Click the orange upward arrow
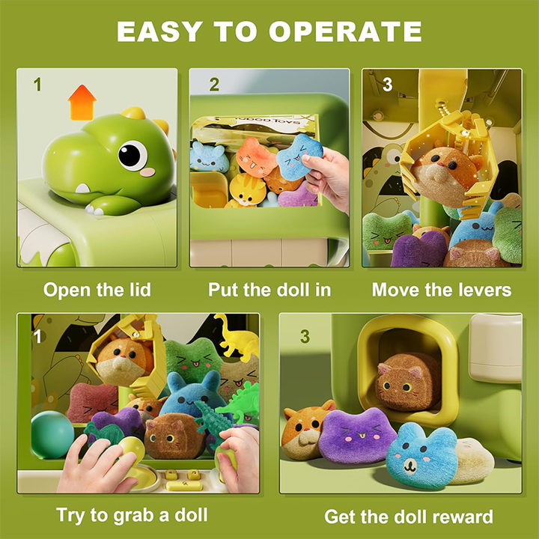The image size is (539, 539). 82,103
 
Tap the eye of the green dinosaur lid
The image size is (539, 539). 133,156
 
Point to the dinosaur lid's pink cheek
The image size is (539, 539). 148,172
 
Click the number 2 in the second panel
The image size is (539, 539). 214,85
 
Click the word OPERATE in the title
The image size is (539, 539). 345,31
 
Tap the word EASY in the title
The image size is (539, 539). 159,31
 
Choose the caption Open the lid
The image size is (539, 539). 97,290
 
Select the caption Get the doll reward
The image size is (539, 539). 409,517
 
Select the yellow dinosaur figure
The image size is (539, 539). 237,336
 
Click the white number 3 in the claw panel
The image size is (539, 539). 388,85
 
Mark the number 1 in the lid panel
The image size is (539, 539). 37,85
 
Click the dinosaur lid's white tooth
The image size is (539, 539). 82,189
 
